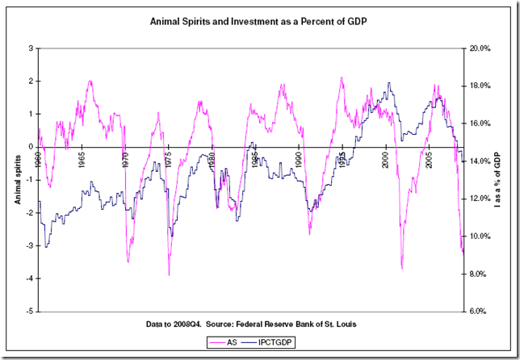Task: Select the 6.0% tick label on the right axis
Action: click(481, 312)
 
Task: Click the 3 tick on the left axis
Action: click(31, 48)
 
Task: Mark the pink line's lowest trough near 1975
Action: click(169, 275)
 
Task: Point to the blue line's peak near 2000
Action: click(390, 82)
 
